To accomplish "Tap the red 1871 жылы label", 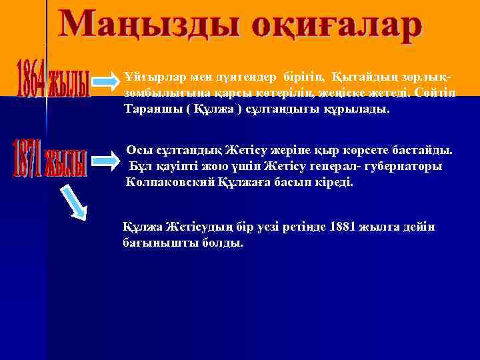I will (50, 157).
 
